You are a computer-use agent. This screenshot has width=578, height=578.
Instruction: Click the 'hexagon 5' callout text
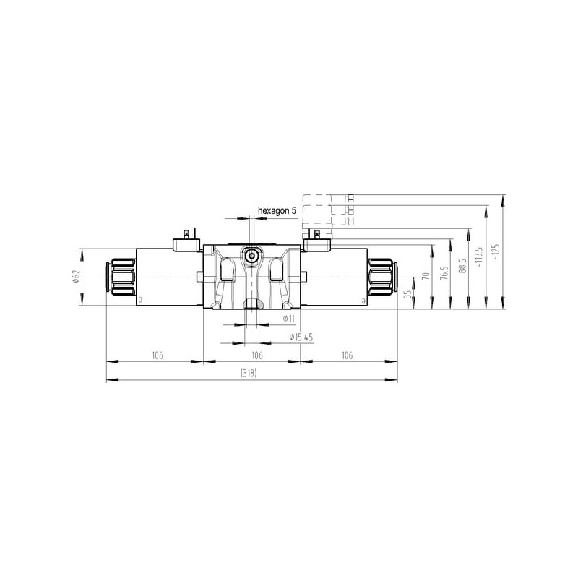coord(277,211)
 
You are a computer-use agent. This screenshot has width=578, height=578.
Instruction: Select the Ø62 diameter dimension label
coord(77,277)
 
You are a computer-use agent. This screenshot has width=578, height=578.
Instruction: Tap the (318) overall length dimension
coord(249,373)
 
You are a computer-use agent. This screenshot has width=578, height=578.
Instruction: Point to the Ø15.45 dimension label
coord(301,337)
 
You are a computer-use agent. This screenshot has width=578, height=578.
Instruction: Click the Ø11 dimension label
coord(288,319)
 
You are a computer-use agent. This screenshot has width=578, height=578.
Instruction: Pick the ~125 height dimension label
coord(496,251)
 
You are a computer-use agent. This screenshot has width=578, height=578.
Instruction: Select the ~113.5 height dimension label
coord(479,257)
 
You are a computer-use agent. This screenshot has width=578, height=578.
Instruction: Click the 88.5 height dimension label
coord(463,266)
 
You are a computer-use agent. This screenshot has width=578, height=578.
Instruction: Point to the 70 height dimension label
coord(426,275)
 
